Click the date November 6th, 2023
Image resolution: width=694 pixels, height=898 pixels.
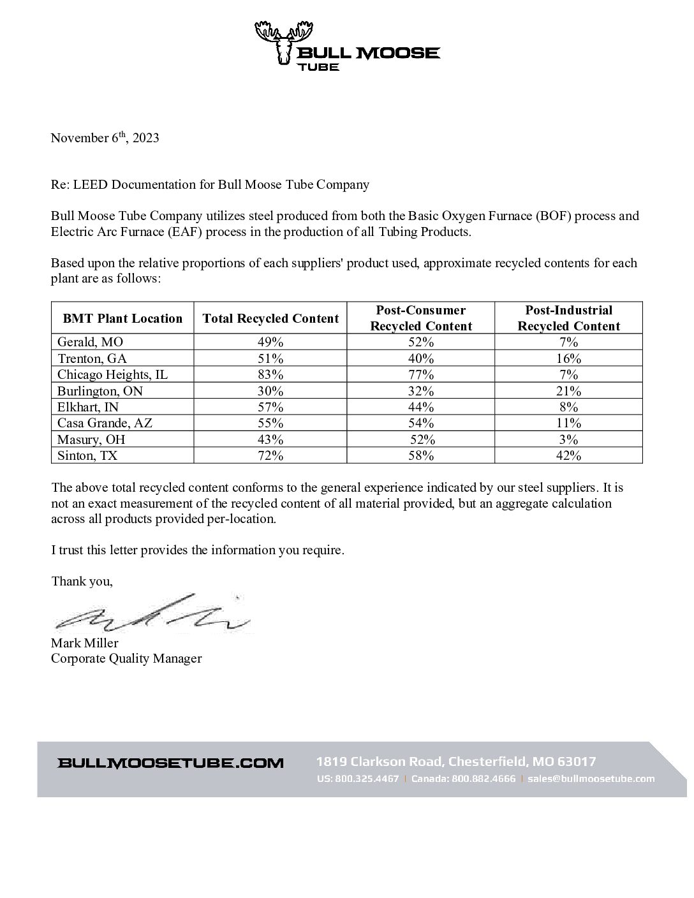click(105, 138)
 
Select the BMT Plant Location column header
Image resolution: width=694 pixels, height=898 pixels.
click(122, 318)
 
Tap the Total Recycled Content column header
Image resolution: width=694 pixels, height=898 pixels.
click(270, 318)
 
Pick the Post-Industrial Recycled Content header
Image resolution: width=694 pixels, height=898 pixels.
click(568, 318)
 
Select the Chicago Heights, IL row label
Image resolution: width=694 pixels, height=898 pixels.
click(112, 374)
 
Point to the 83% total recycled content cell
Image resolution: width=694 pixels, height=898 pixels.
click(270, 374)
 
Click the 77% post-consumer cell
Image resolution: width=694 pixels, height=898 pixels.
click(421, 374)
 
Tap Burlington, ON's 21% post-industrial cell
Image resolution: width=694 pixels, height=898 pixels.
click(568, 390)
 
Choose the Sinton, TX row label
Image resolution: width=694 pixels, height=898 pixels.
click(87, 455)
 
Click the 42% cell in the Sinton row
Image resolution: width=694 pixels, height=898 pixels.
click(568, 455)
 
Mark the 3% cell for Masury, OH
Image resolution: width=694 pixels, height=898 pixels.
click(568, 439)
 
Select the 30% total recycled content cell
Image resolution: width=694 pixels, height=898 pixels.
click(270, 390)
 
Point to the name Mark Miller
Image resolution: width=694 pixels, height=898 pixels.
click(85, 643)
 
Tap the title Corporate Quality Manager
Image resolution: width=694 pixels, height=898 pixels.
click(126, 658)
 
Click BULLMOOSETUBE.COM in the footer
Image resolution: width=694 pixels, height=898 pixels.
click(170, 763)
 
